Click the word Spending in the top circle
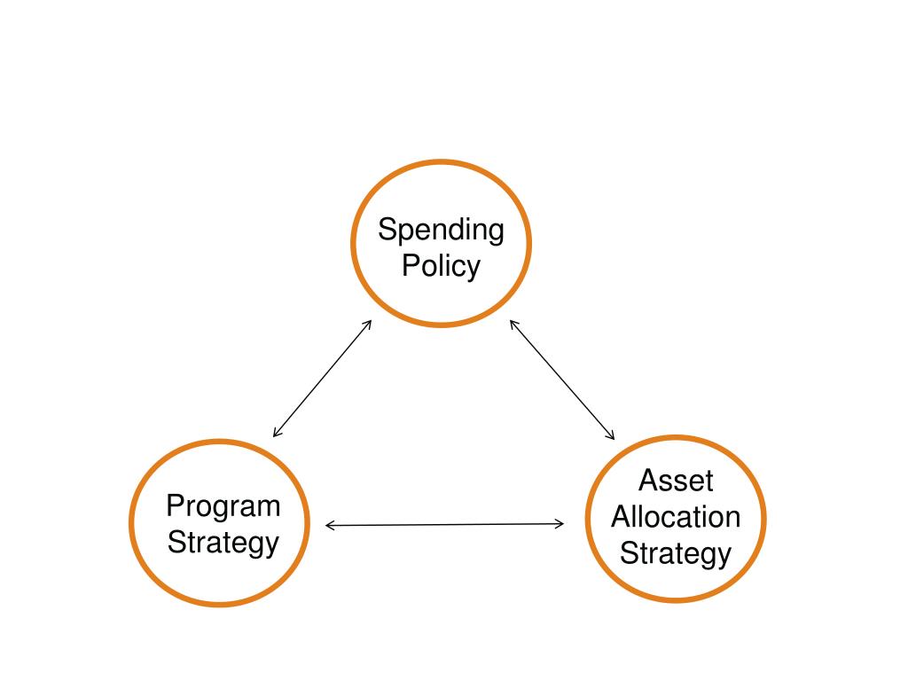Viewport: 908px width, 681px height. tap(441, 230)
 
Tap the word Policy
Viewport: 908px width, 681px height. tap(441, 265)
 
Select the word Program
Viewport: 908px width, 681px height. tap(223, 506)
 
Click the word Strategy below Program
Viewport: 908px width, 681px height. tap(223, 542)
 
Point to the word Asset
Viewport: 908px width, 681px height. tap(676, 481)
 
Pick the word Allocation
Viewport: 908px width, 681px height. tap(676, 516)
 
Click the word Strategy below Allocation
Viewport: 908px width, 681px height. tap(676, 553)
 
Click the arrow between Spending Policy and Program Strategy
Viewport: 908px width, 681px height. tap(322, 379)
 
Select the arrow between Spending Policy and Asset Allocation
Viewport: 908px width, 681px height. tap(562, 380)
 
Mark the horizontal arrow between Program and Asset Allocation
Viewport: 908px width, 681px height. tap(444, 525)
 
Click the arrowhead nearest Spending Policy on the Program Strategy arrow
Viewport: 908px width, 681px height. tap(368, 323)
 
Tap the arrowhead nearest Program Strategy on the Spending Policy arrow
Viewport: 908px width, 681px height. tap(276, 434)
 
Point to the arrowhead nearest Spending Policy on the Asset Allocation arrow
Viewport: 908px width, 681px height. tap(513, 323)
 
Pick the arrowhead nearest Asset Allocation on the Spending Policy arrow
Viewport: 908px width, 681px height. tap(612, 436)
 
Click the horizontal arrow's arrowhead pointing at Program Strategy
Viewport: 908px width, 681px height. tap(329, 526)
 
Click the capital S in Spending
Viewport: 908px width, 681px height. tap(386, 230)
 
